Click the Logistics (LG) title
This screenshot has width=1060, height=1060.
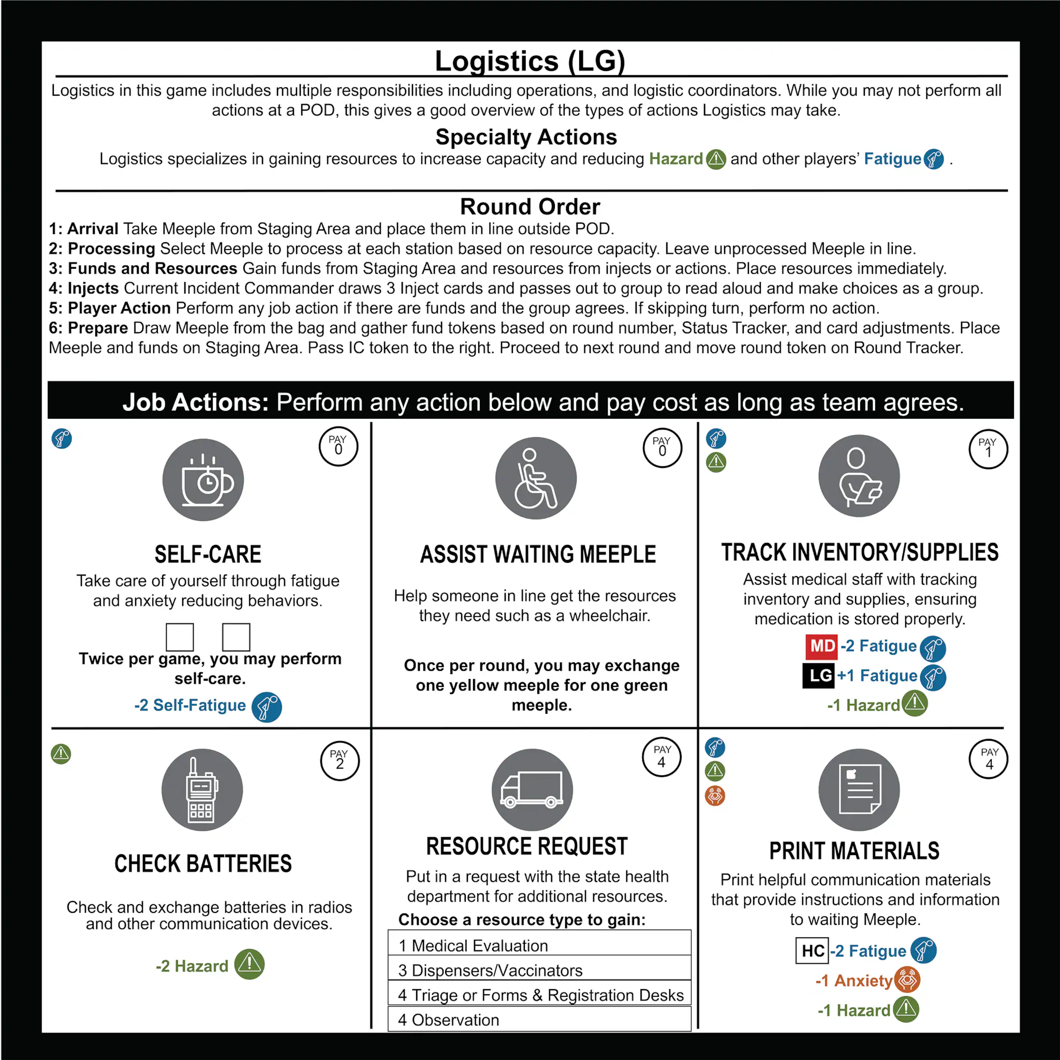pos(529,61)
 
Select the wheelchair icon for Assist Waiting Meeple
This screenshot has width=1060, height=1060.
pos(536,478)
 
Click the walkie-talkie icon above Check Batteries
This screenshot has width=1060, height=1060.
pos(202,789)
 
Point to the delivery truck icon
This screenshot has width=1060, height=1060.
pos(532,789)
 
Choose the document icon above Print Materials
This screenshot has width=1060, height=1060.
pos(859,789)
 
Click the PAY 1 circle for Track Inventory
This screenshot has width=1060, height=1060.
pos(988,449)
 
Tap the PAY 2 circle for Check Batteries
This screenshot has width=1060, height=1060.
pos(340,760)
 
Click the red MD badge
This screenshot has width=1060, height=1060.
pos(821,646)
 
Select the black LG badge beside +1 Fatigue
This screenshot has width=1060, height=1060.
pos(819,675)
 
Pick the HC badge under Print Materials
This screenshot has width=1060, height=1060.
pos(812,951)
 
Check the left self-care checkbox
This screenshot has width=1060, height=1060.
pos(180,637)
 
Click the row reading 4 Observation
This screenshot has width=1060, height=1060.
pos(539,1020)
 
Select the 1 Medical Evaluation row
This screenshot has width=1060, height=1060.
pos(539,945)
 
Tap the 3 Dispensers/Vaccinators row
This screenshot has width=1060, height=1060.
pos(539,970)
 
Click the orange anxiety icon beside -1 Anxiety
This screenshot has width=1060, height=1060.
pos(907,980)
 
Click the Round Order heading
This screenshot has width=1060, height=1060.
pos(529,207)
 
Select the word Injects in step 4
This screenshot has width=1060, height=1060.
pos(93,288)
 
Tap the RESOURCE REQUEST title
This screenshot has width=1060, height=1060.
pos(527,846)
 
